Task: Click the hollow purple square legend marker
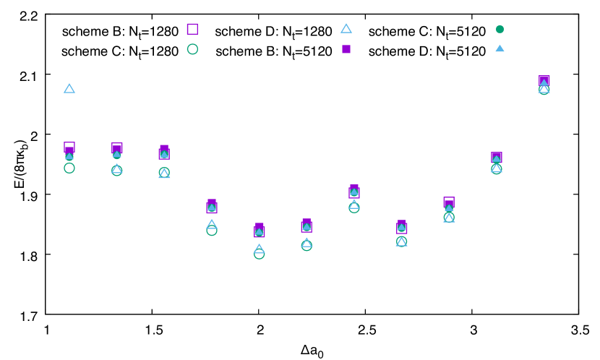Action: pos(192,29)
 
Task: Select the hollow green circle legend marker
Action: pos(192,49)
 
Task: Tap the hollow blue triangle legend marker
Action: pos(346,29)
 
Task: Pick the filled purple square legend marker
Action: pos(346,49)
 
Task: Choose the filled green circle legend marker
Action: pos(500,29)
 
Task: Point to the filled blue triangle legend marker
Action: pos(500,48)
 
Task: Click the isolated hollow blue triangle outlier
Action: pos(69,88)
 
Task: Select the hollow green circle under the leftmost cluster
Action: pos(69,168)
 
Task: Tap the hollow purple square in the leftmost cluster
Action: pos(69,147)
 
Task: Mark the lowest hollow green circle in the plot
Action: pos(259,254)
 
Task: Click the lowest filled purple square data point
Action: pos(260,232)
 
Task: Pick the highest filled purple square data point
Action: pos(544,81)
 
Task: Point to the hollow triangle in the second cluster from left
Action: pos(116,168)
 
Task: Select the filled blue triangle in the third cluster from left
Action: pos(164,153)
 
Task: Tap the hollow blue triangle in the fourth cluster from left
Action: pos(212,224)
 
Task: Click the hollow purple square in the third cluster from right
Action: pos(449,202)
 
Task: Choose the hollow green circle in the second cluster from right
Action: pos(497,168)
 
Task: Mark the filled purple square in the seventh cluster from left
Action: pos(354,192)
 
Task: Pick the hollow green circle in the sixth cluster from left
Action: pos(307,245)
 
